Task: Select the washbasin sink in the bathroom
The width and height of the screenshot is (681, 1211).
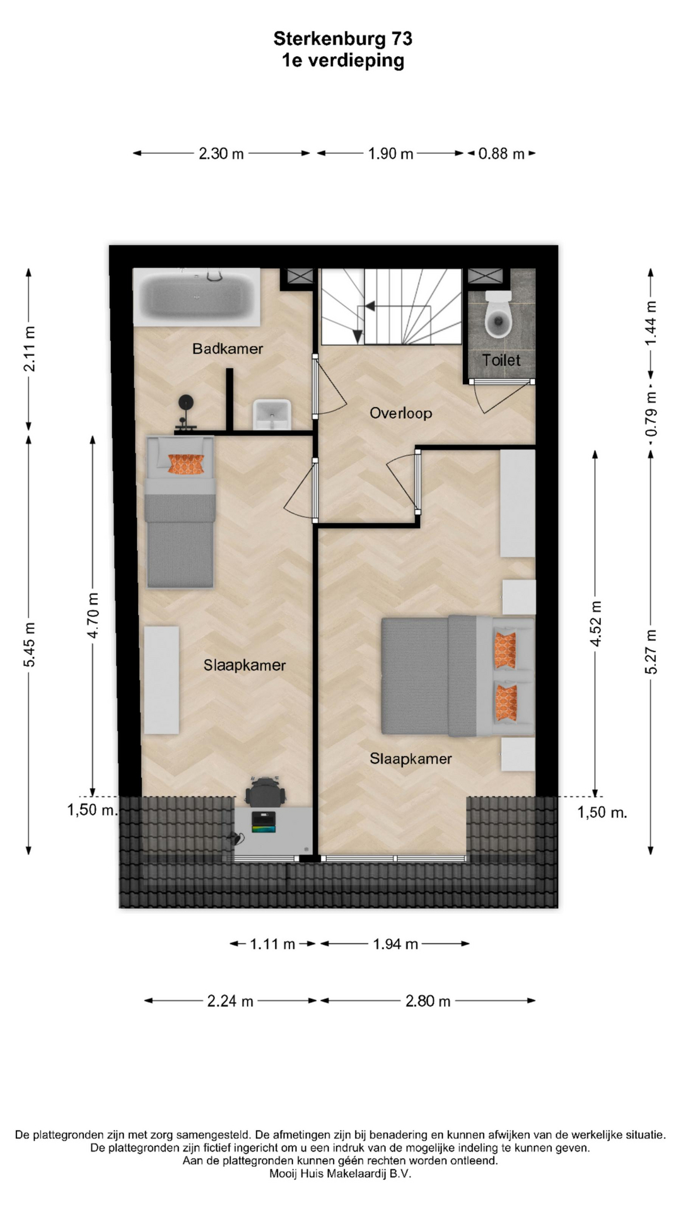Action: [x=272, y=414]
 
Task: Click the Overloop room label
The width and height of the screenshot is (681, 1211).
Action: [x=400, y=413]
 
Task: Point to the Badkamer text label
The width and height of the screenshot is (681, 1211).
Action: [x=228, y=349]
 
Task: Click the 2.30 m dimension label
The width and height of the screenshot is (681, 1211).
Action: [x=221, y=153]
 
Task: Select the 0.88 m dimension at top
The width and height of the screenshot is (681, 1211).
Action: [x=501, y=153]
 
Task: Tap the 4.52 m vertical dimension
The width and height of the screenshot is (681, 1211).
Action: [x=596, y=623]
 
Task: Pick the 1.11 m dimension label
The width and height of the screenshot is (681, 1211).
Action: [x=272, y=944]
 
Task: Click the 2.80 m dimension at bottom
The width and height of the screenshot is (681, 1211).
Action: [x=428, y=1001]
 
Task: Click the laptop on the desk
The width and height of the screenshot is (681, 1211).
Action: [x=264, y=822]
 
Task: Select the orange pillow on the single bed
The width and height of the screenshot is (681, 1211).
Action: [x=187, y=464]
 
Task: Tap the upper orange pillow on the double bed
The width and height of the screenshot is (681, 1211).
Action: [x=506, y=650]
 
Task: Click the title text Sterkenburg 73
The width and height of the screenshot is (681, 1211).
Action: [x=343, y=38]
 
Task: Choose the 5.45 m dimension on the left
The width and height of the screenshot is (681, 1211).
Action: [x=29, y=644]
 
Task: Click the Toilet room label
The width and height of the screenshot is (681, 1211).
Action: [x=501, y=360]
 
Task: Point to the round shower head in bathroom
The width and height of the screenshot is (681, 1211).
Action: [x=185, y=402]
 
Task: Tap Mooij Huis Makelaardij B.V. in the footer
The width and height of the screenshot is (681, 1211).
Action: [x=340, y=1174]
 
